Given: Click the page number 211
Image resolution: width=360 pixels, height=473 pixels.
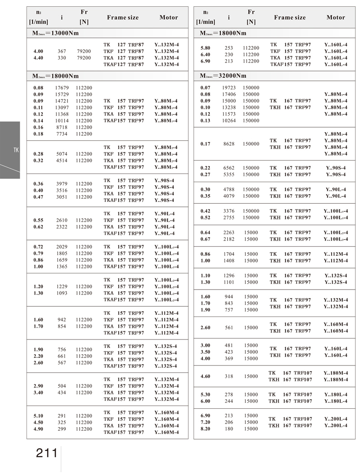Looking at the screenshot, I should pyautogui.click(x=47, y=453).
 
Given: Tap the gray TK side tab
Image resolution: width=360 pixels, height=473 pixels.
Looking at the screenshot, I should pyautogui.click(x=10, y=150).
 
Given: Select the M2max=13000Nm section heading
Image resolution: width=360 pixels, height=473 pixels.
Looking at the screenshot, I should pyautogui.click(x=56, y=33).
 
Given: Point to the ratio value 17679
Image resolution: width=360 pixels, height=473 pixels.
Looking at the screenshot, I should pyautogui.click(x=62, y=88).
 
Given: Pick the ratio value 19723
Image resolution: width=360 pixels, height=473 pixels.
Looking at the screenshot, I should pyautogui.click(x=229, y=88).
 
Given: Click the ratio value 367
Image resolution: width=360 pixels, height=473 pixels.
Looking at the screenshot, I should pyautogui.click(x=62, y=51).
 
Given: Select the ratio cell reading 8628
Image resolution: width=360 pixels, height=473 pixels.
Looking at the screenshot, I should pyautogui.click(x=229, y=144).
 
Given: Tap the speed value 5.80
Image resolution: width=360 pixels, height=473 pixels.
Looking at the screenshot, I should pyautogui.click(x=205, y=48).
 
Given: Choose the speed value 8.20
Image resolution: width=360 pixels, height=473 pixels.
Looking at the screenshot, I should pyautogui.click(x=205, y=429).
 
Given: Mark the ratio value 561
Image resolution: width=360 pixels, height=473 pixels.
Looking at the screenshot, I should pyautogui.click(x=229, y=328).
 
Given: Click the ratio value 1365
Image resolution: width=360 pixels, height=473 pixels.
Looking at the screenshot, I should pyautogui.click(x=62, y=267).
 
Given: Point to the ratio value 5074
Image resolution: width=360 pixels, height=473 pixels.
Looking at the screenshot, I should pyautogui.click(x=62, y=154).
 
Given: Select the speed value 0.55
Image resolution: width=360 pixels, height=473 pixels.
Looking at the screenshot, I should pyautogui.click(x=39, y=220).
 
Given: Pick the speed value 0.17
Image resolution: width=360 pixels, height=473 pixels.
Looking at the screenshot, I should pyautogui.click(x=205, y=144).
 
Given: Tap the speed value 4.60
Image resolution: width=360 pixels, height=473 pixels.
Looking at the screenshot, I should pyautogui.click(x=205, y=376).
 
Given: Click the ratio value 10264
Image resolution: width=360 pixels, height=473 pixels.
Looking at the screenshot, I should pyautogui.click(x=229, y=121).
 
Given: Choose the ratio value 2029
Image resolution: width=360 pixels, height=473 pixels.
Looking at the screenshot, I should pyautogui.click(x=62, y=247).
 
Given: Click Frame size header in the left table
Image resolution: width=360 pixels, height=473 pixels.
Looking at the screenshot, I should pyautogui.click(x=123, y=18).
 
